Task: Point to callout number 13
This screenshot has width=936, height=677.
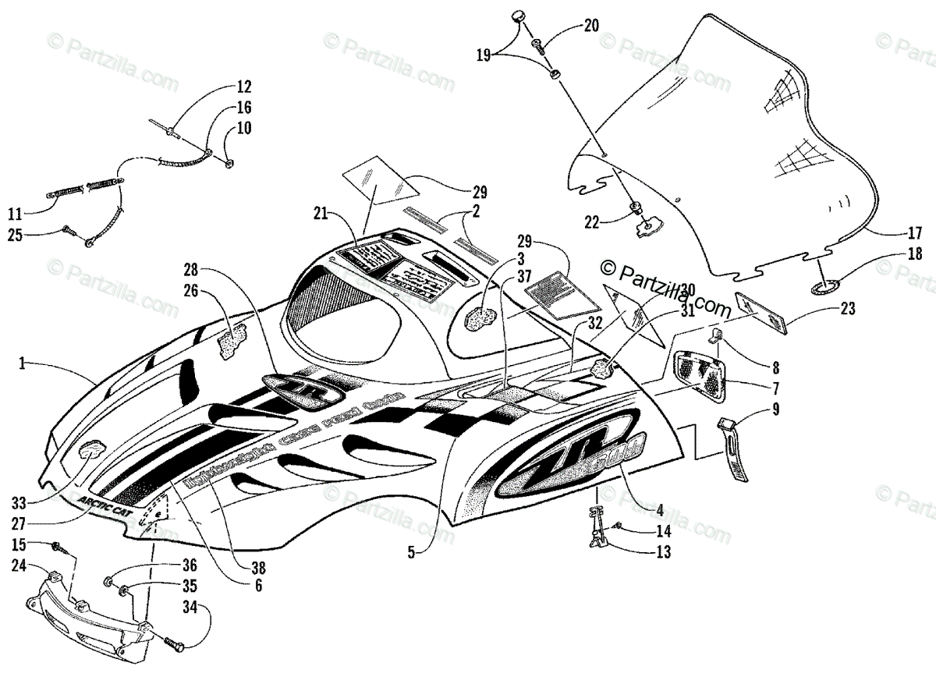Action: point(663,551)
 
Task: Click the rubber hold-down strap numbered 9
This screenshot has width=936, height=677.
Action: point(732,448)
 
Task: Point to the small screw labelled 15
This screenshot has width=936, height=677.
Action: point(59,546)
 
